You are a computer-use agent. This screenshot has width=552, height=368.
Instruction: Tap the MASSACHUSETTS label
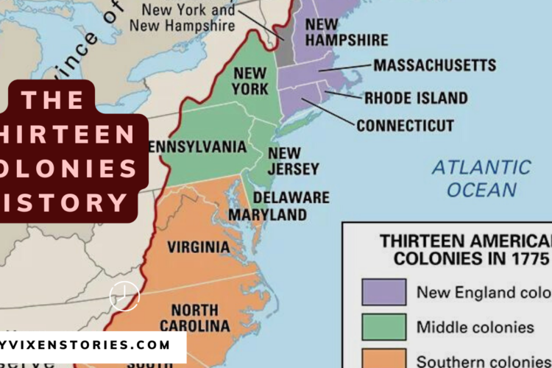pos(434,66)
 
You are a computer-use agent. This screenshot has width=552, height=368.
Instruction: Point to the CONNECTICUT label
pos(405,126)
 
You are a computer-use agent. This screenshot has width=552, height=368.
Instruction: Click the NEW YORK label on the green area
pos(250,81)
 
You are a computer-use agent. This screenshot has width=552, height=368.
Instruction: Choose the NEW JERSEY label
pos(283,161)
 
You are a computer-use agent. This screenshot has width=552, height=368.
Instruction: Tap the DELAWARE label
pos(291,198)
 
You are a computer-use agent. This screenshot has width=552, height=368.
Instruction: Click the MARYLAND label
pos(267,215)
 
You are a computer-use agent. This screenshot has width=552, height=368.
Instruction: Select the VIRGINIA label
pos(198,247)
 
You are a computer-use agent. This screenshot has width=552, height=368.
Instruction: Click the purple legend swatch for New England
pos(383,291)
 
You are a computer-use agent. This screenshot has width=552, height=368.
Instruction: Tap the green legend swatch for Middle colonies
pos(383,326)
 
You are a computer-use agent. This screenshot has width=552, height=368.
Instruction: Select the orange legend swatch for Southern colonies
pos(383,359)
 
